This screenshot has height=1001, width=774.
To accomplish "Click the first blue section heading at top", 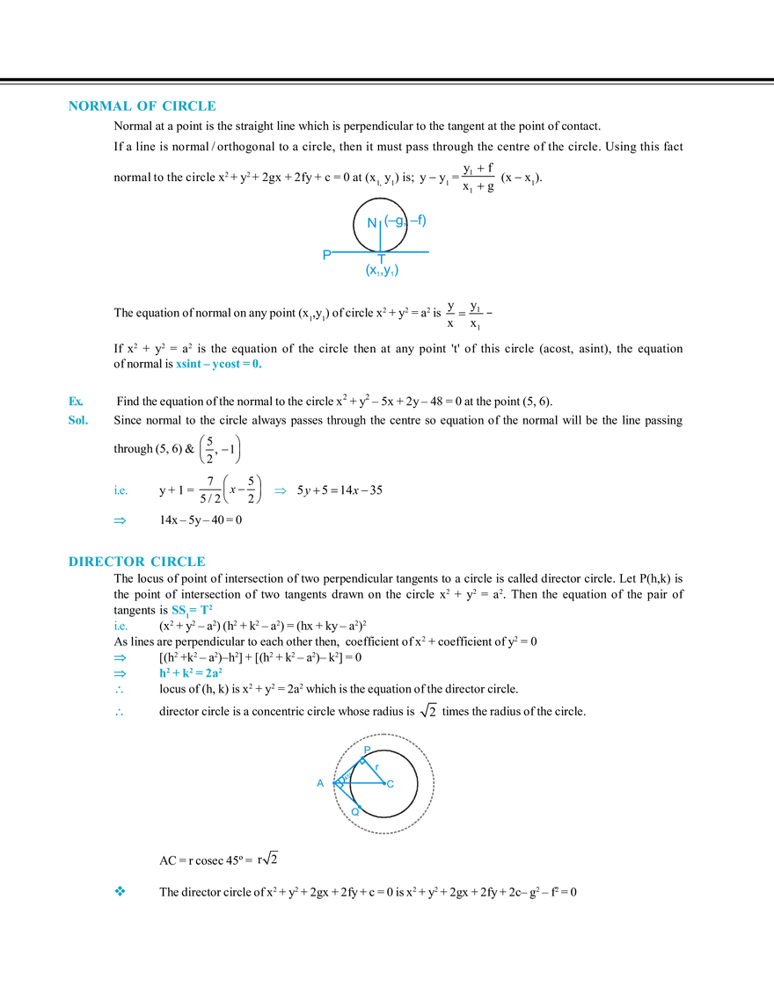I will pos(141,106).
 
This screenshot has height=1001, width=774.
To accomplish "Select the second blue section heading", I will pos(136,560).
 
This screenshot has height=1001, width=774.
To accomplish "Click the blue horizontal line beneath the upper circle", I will pos(374,253).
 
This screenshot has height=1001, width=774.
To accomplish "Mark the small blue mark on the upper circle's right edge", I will pos(422,221).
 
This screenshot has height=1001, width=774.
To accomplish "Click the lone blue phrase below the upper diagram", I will pos(220,364).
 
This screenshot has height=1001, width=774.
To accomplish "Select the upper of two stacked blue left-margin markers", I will pos(76,403).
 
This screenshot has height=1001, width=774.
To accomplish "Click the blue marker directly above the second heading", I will pos(120,520).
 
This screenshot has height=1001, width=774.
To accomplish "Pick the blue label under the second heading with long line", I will pos(191,610).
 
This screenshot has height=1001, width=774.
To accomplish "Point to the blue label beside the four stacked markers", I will pos(190,674).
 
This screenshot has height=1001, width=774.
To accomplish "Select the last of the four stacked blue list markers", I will pos(120,714).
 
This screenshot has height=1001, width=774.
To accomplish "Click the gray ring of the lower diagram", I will pos(430,782).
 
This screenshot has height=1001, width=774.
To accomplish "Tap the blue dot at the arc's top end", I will pos(368,748).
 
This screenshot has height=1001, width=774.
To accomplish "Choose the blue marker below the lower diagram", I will pos(120,891).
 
